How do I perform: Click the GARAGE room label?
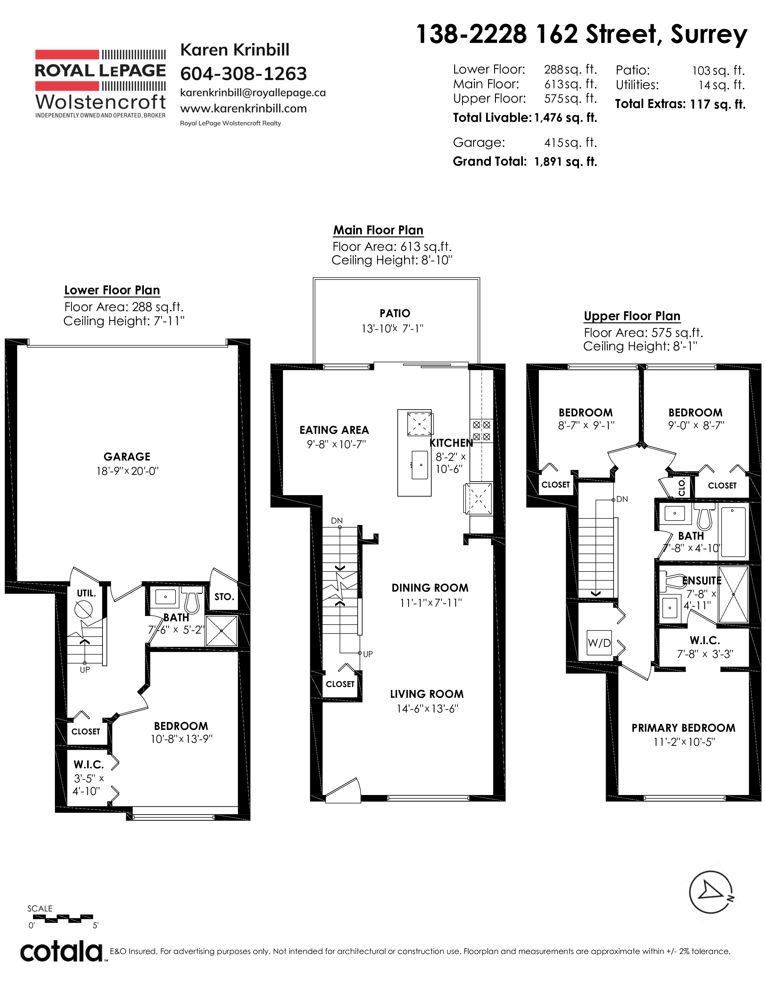coord(127,457)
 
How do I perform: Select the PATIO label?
coord(395,313)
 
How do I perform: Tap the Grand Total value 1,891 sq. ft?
coord(565,162)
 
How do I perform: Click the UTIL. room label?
coord(86,593)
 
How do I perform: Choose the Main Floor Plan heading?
coord(378,230)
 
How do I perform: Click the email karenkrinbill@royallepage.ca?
coord(253,92)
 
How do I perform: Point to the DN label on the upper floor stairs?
coord(622,499)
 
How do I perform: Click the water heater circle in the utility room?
coord(84,608)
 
